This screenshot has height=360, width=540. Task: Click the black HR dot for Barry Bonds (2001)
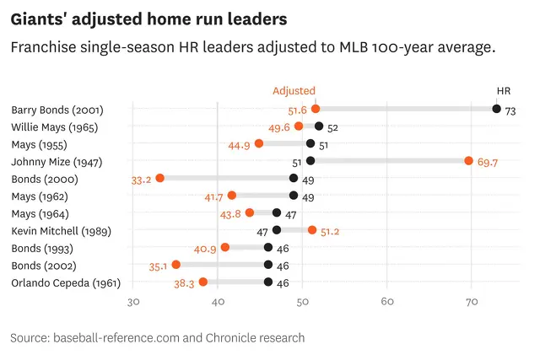(x=497, y=109)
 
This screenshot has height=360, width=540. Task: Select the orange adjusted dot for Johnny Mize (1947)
(x=469, y=160)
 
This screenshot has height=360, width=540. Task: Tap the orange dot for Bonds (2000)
(x=159, y=178)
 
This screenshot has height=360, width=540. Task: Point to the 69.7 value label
(x=489, y=162)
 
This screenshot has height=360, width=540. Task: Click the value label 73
(x=510, y=110)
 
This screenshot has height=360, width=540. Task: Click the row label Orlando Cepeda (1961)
(x=67, y=282)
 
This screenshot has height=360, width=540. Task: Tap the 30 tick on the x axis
(x=132, y=301)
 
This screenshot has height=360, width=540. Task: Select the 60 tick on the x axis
(x=387, y=301)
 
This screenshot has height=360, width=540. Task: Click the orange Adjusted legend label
(x=294, y=90)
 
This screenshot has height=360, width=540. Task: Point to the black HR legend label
(x=504, y=90)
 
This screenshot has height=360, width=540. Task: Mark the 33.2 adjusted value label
(x=142, y=180)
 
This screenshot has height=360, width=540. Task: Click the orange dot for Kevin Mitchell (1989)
(x=312, y=229)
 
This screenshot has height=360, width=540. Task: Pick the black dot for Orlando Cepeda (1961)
(x=268, y=282)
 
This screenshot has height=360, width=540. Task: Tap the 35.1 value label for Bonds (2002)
(x=158, y=266)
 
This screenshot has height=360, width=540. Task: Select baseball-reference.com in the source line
(x=116, y=337)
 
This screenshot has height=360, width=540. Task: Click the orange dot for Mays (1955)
(x=259, y=143)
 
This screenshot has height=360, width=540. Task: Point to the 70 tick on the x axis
(x=472, y=301)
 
